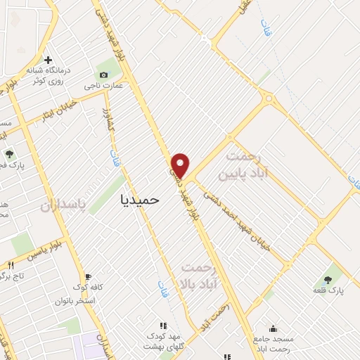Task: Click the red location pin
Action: [181, 165]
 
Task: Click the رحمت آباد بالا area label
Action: [201, 275]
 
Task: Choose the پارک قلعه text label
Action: [328, 290]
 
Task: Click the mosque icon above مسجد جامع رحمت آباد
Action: [273, 328]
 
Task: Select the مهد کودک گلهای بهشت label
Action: [163, 341]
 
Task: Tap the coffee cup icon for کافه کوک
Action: [88, 276]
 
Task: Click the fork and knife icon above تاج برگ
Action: [11, 265]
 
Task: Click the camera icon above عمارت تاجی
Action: [104, 75]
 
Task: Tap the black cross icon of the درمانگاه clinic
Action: [47, 60]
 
